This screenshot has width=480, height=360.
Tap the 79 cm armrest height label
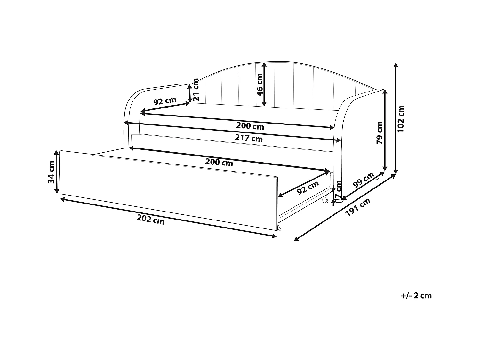click(x=380, y=132)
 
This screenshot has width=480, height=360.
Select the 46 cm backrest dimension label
click(x=260, y=84)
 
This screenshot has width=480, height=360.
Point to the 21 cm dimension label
click(x=196, y=90)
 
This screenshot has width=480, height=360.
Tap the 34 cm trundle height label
click(x=51, y=172)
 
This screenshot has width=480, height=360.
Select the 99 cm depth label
click(x=363, y=180)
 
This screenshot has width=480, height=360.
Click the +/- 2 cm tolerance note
click(x=416, y=295)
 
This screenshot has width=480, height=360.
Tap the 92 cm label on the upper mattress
click(x=165, y=101)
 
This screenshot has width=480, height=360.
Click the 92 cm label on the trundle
click(x=308, y=188)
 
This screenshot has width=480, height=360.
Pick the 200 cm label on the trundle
click(x=219, y=162)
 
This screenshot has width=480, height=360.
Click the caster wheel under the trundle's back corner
click(x=326, y=200)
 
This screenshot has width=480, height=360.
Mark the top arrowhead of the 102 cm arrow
click(x=396, y=65)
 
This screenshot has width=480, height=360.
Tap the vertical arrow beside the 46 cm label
click(x=264, y=84)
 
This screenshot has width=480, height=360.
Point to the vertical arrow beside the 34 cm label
click(x=57, y=172)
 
